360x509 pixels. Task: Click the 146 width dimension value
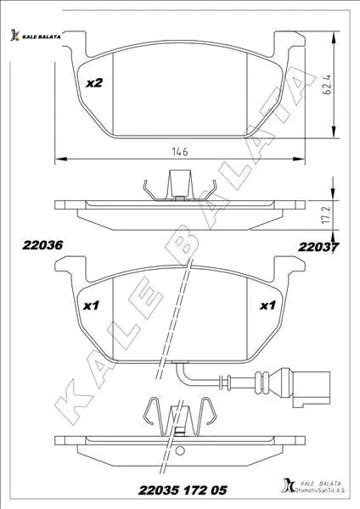[x=180, y=151]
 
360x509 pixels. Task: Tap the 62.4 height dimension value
[x=327, y=85]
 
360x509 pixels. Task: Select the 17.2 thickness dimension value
[x=327, y=213]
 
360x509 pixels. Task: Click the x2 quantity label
[x=94, y=83]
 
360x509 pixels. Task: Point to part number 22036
[x=42, y=245]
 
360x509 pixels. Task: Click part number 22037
[x=318, y=247]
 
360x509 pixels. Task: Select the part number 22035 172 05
[x=183, y=490]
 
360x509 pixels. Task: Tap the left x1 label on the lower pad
[x=91, y=305]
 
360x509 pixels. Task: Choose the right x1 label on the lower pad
[x=267, y=305]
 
